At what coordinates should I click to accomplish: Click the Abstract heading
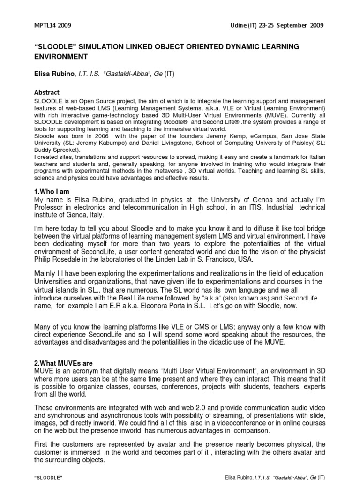pos(47,92)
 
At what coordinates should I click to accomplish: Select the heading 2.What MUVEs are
pos(63,363)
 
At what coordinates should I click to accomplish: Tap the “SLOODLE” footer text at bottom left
pos(48,477)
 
